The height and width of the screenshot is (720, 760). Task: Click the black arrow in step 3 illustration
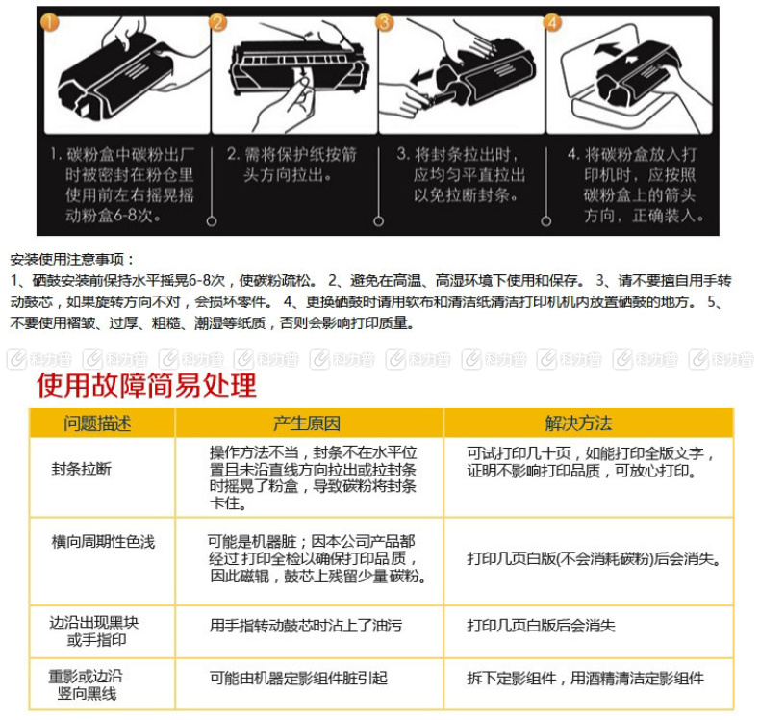click(x=423, y=76)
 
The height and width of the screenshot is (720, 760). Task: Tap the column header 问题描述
click(x=97, y=424)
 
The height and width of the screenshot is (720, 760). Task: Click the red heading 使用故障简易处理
click(x=146, y=386)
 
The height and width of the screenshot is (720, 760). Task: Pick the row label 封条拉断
click(x=81, y=469)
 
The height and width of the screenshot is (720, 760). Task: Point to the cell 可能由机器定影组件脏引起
click(x=298, y=679)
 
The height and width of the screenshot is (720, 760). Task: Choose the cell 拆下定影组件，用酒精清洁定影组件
click(x=586, y=679)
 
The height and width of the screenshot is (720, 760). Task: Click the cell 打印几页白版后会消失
click(x=541, y=626)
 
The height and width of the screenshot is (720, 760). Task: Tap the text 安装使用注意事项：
click(x=73, y=260)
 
